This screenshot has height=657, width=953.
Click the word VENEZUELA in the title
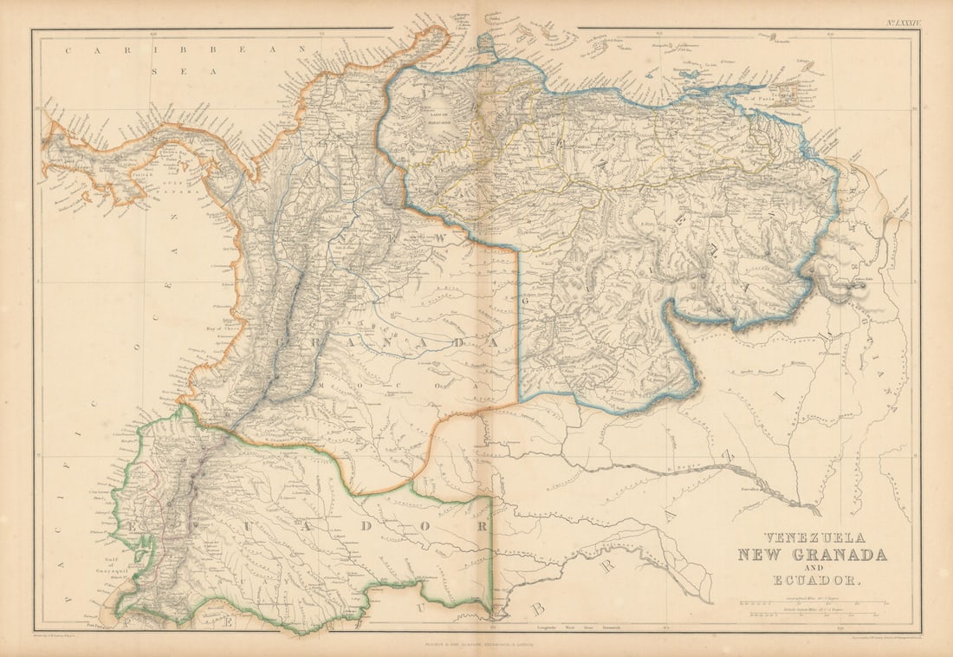(801, 537)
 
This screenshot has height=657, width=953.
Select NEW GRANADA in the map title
(812, 556)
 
